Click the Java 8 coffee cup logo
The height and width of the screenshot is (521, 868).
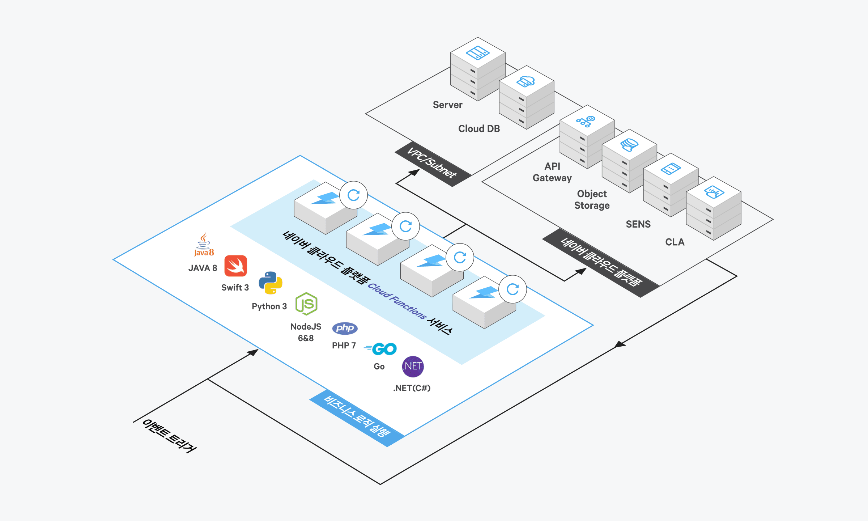pos(204,245)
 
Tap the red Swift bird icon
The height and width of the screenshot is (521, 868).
pos(236,266)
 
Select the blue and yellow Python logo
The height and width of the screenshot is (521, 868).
pos(271,283)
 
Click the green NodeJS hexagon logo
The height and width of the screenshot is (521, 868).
pos(306,304)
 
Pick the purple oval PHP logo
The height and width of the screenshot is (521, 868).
pos(345,328)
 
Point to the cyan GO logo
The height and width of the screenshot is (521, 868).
pos(380,349)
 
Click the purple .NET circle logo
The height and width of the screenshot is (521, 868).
pos(413,367)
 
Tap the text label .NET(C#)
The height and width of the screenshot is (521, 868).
pos(412,388)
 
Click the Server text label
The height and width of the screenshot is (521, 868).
pos(448,105)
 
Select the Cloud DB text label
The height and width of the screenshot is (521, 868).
pos(479,129)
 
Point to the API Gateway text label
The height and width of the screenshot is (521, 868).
pos(552,172)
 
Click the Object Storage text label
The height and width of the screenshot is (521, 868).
pos(592,200)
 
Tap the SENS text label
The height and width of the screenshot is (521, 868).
pos(638,224)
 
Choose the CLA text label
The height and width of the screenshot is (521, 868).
pos(675,242)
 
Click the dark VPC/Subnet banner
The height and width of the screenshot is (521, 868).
pos(433,164)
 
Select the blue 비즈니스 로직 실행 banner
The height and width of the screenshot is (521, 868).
pos(357,418)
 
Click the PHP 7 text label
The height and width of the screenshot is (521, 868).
pos(344,346)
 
